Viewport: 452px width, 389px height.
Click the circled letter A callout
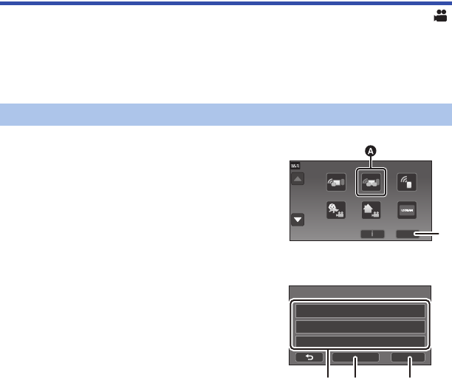click(x=371, y=151)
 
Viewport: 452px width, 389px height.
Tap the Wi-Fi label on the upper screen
click(x=295, y=166)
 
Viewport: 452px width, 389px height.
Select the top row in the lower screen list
click(x=360, y=311)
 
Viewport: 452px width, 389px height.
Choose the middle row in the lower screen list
click(x=360, y=326)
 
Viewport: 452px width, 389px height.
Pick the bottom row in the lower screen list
click(x=360, y=341)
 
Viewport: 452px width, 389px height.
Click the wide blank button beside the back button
click(x=355, y=357)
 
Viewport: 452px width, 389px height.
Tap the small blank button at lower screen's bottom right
click(x=409, y=357)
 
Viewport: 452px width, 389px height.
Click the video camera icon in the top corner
click(x=440, y=16)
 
